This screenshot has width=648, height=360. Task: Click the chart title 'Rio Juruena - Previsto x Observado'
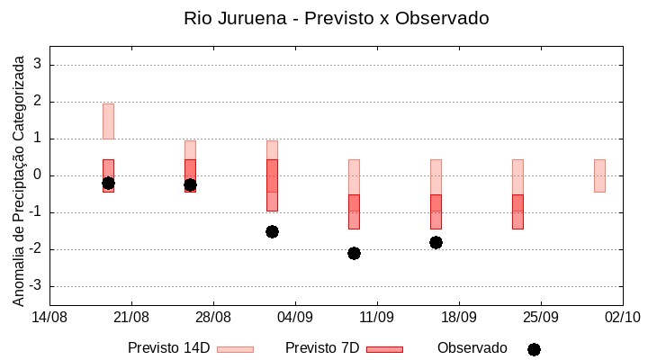336,18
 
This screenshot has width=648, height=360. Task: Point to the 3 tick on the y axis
38,65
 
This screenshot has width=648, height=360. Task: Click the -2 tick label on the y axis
34,249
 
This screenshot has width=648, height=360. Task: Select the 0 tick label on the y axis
38,175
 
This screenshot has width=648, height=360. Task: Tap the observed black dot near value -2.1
354,253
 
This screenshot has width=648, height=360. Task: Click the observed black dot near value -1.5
272,231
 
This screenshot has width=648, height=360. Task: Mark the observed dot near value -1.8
436,242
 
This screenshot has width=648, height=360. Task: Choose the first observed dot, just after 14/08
108,183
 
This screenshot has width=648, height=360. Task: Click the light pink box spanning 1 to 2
108,121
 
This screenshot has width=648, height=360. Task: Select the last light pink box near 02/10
599,175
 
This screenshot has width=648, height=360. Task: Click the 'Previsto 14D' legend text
168,348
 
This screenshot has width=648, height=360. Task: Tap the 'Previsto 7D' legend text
322,348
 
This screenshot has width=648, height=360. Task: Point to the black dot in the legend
534,349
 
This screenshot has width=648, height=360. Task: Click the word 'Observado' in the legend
472,348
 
